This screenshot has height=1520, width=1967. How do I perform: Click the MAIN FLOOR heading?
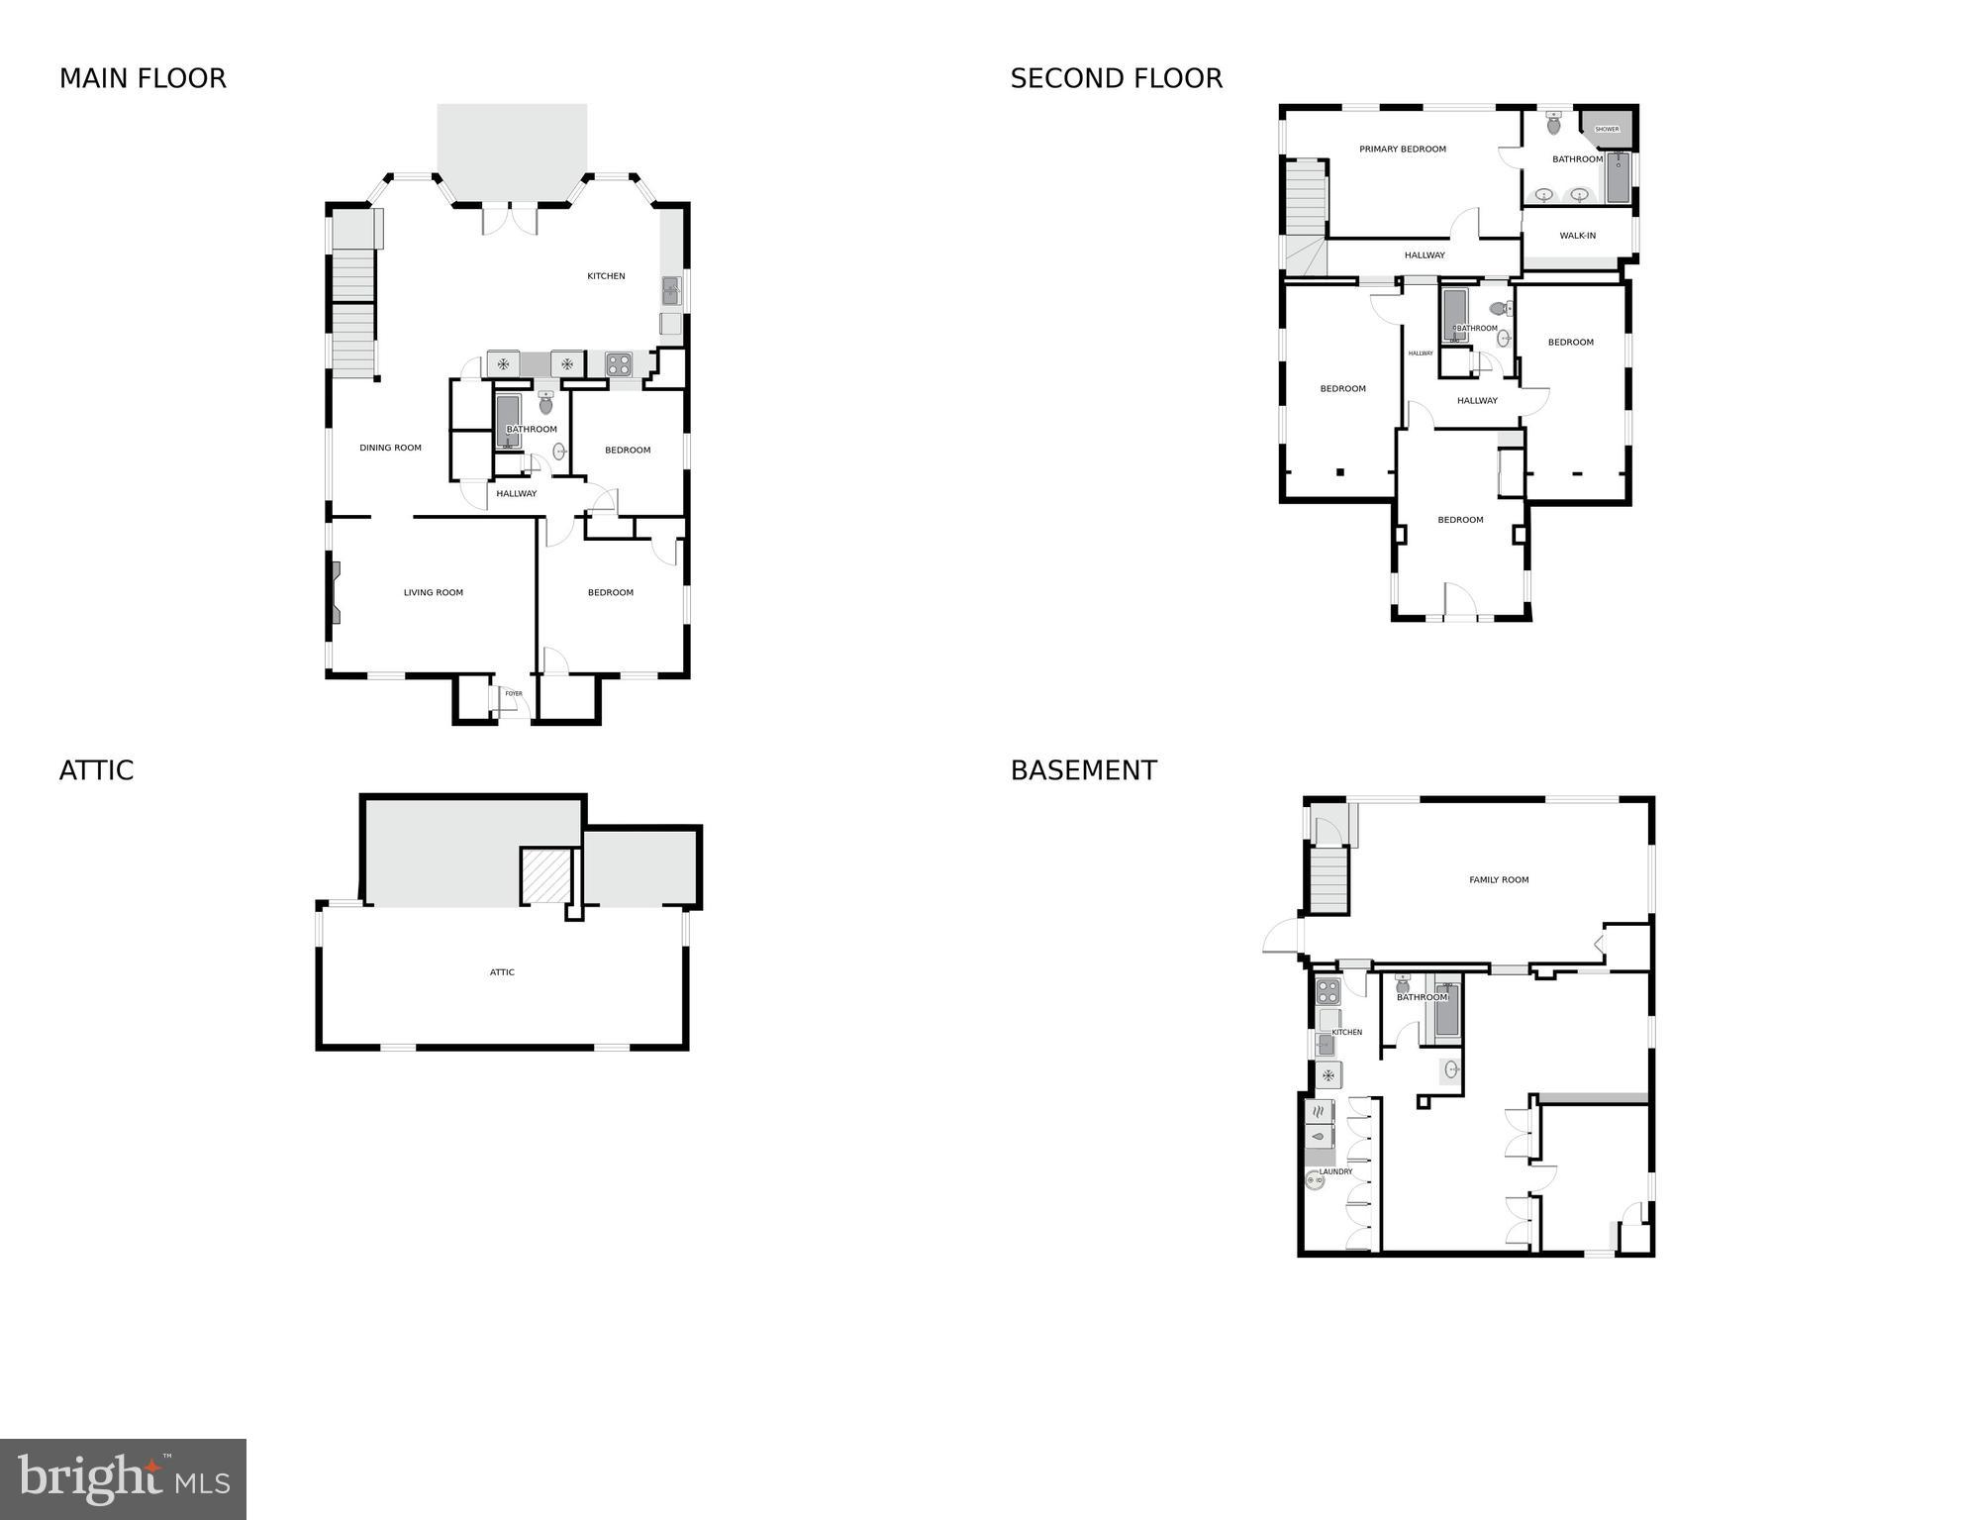143,78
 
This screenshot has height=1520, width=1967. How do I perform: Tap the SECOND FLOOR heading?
1116,78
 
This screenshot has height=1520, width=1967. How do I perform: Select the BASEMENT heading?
1083,770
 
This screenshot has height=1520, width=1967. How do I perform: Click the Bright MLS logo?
123,1478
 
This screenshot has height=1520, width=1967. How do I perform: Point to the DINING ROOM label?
390,448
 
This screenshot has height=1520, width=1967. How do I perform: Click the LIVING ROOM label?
433,593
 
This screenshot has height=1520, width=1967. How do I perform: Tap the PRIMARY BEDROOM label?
1402,150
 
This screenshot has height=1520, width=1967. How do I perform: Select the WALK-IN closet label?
1577,236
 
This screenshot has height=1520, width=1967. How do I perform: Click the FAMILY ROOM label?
1498,879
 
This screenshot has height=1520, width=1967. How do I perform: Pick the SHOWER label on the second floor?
1607,129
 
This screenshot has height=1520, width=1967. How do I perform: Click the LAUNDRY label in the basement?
1334,1171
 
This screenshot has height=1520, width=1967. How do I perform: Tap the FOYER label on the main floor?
513,694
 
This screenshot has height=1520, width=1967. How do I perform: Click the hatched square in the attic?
546,875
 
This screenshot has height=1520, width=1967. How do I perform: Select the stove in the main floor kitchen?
619,364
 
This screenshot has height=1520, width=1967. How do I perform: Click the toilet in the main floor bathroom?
545,402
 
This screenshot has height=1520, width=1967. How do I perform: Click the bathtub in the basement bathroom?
1446,1011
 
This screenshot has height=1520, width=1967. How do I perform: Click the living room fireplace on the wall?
337,593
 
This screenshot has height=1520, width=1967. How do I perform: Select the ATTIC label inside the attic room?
502,972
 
